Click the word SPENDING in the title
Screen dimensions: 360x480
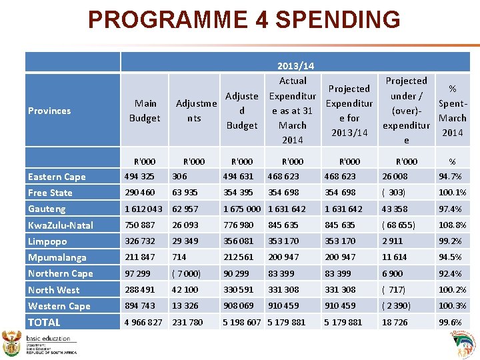point(337,19)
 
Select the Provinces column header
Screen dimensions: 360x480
point(49,111)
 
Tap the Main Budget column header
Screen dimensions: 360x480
point(145,111)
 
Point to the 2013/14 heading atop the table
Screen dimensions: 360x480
point(295,66)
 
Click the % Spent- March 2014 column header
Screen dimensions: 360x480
point(452,111)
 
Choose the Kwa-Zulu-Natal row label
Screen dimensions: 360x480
point(61,225)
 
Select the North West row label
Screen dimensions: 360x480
point(53,290)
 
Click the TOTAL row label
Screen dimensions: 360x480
point(44,323)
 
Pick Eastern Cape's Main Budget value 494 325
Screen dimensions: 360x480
point(140,177)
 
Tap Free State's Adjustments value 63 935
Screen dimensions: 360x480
point(185,193)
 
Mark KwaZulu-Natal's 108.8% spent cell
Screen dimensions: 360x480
point(452,225)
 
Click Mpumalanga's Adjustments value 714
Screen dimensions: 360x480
point(179,257)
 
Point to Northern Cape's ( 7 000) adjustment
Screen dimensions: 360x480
point(186,273)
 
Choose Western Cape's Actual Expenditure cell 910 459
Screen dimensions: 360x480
point(283,306)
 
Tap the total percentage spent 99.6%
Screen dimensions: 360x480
point(451,323)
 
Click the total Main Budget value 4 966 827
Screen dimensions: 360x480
point(143,323)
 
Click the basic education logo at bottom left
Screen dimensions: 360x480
point(40,343)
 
